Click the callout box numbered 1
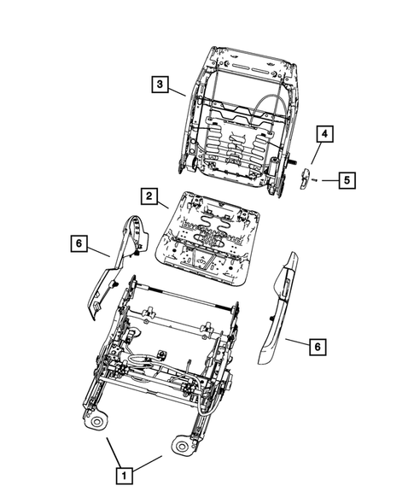click(x=125, y=476)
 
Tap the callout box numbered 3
click(x=160, y=85)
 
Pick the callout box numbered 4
click(x=324, y=133)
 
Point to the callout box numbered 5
click(x=346, y=180)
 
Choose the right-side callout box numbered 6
click(x=316, y=346)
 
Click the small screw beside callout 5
click(x=315, y=180)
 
